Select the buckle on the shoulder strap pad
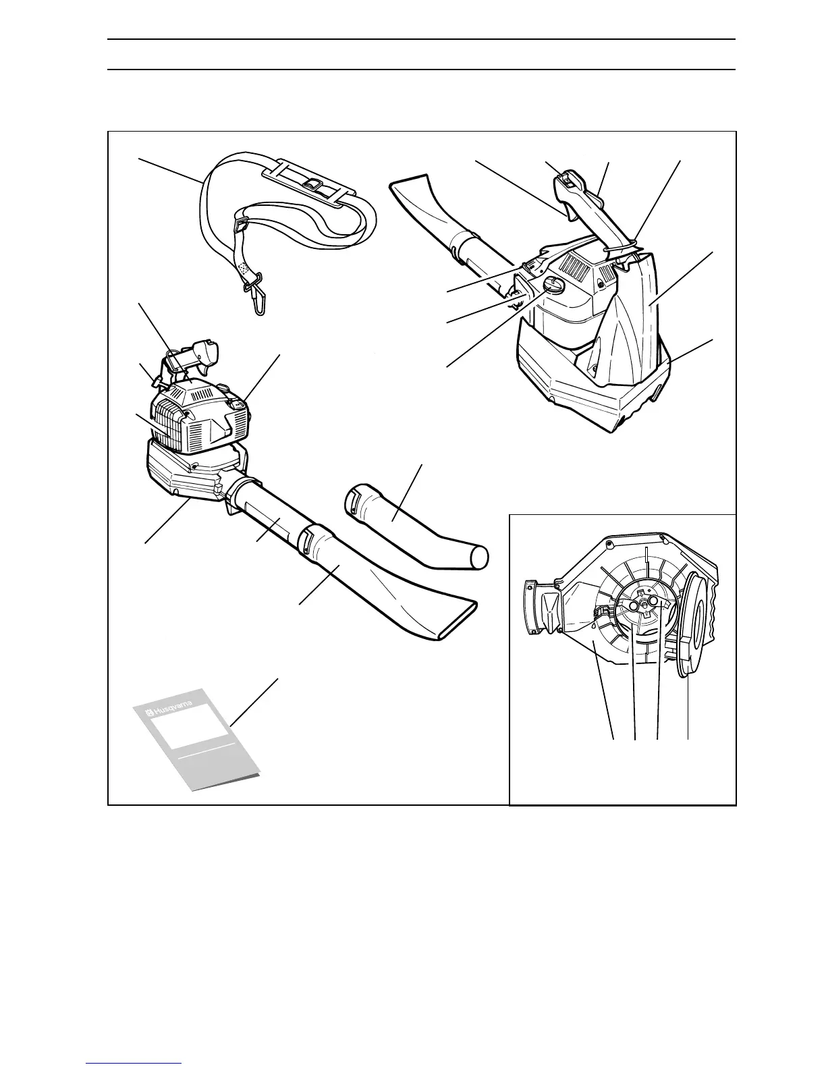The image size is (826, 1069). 312,184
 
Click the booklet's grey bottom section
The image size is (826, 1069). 202,769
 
